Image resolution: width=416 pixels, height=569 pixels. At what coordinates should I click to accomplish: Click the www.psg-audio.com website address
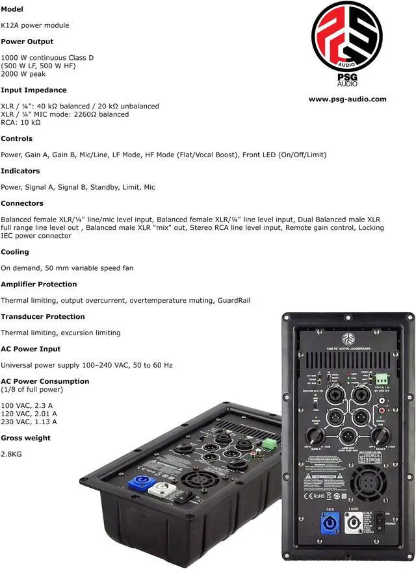point(347,99)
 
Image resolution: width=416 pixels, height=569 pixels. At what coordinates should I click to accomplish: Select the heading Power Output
point(27,42)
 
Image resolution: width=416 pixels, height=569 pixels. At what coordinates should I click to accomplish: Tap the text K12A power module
point(34,25)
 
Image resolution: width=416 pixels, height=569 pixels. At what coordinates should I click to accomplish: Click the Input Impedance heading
point(33,90)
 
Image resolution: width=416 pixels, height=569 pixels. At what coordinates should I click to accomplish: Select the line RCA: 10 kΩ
point(20,122)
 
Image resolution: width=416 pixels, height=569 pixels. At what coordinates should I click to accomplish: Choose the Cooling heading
point(15,251)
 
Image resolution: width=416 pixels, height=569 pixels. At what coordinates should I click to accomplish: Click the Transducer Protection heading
point(42,316)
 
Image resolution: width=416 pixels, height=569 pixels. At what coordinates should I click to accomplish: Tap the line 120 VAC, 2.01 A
point(29,413)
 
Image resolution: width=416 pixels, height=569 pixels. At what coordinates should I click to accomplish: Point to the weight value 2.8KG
point(11,453)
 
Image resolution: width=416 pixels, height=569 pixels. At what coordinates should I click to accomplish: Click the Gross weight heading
point(25,438)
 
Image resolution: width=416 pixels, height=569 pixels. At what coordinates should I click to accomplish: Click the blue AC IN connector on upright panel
point(330,523)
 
